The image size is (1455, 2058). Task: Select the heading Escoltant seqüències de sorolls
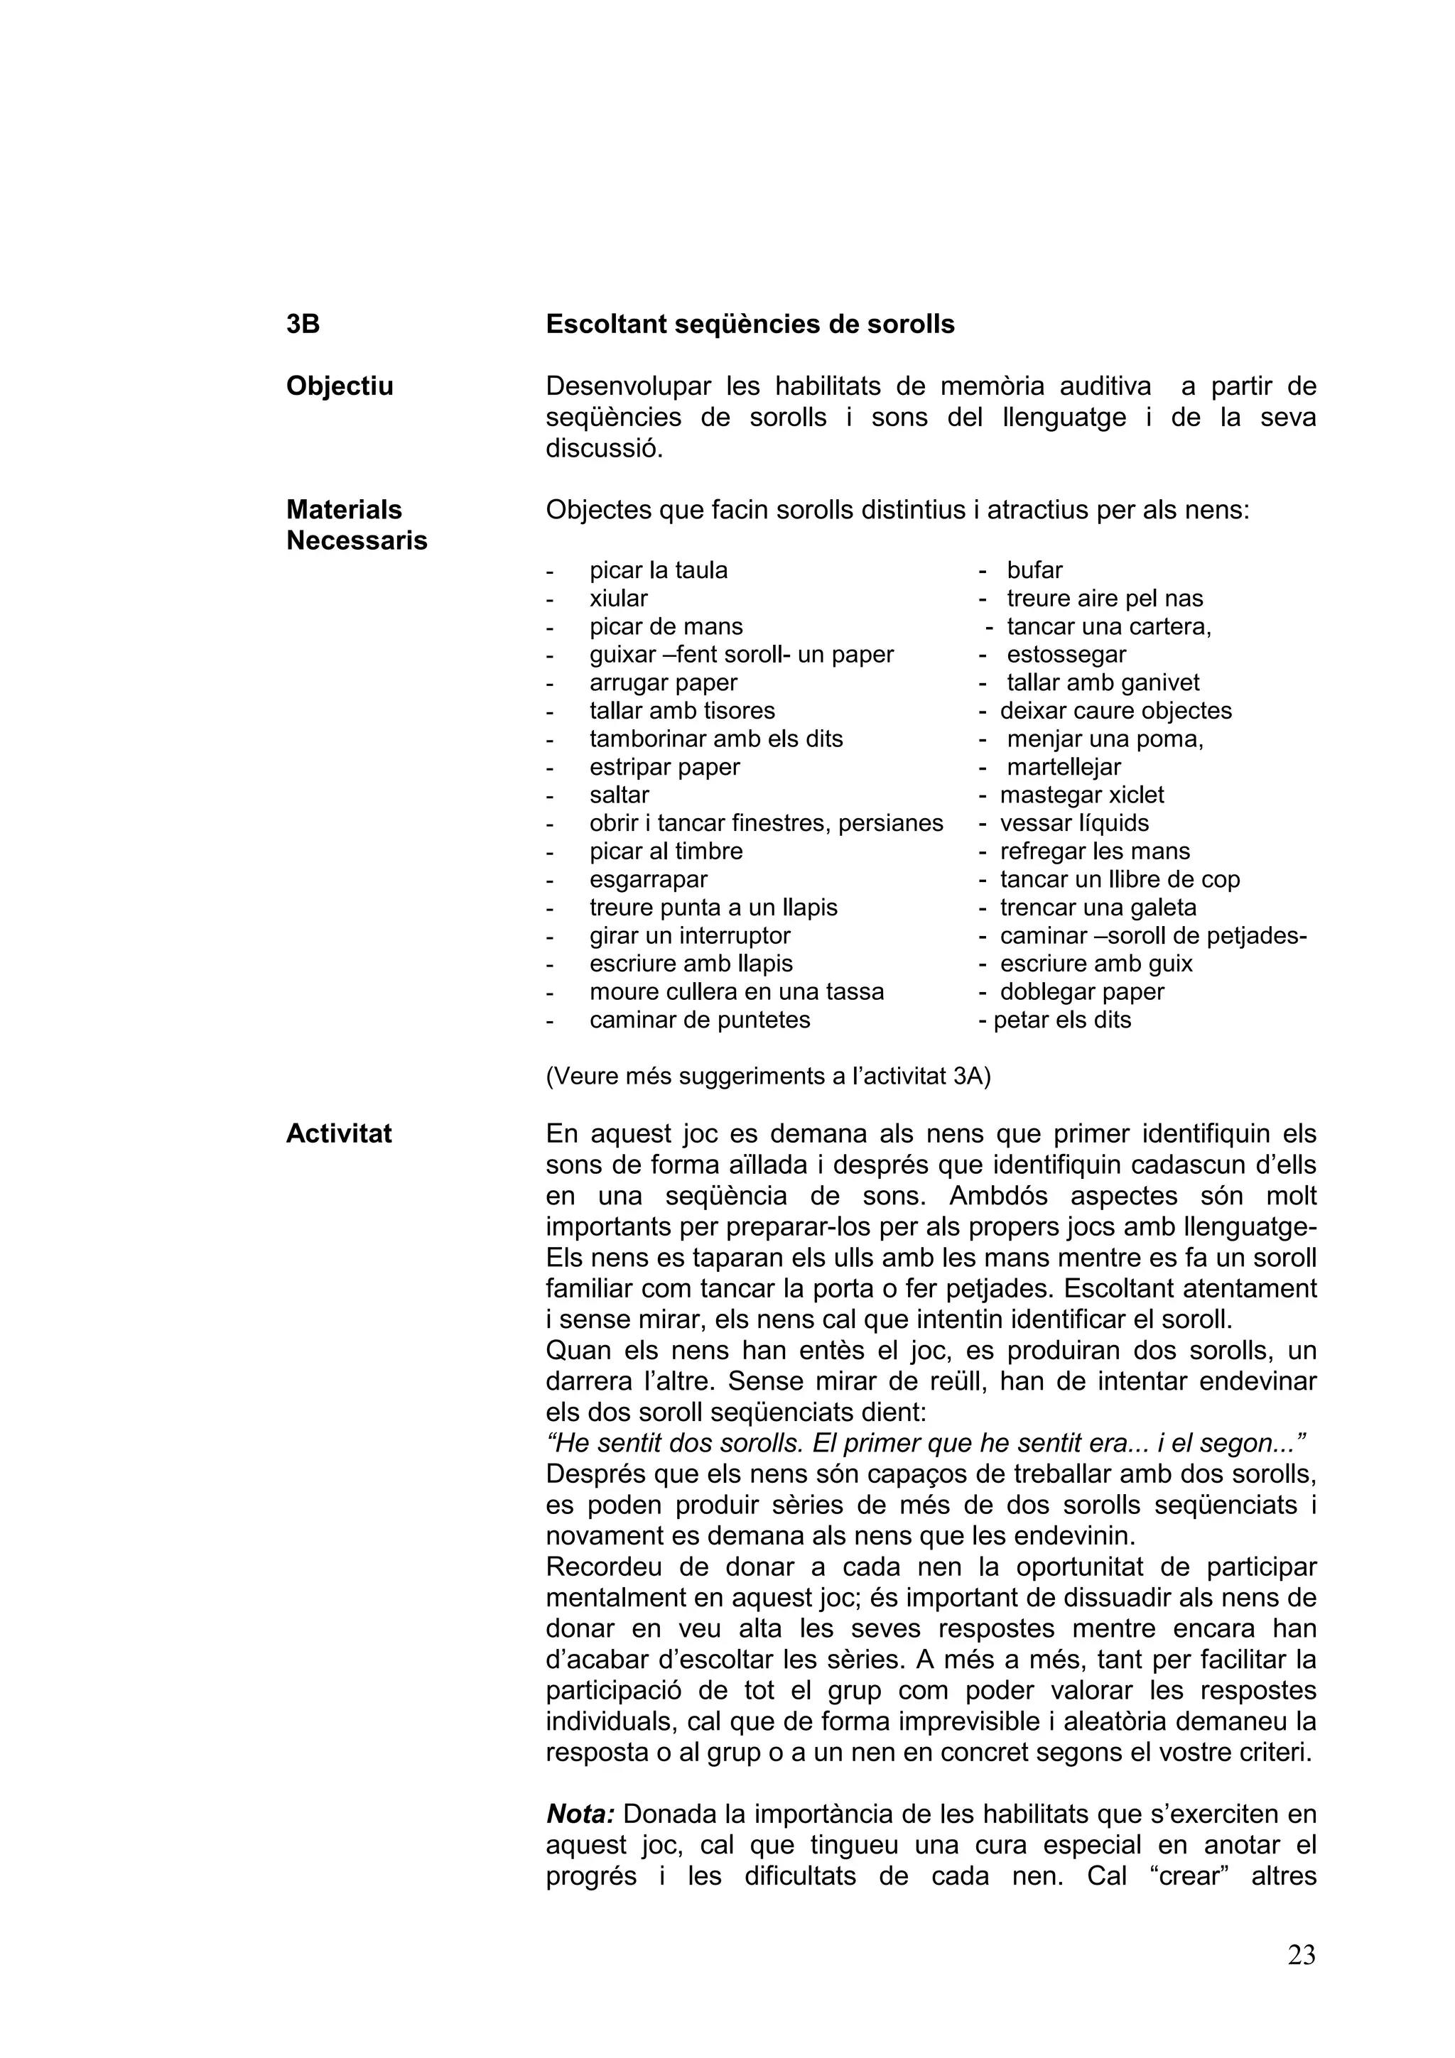pos(750,325)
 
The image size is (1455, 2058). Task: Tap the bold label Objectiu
pos(339,386)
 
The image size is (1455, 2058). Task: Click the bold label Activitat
pos(338,1134)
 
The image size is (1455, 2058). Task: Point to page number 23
pos(1301,1955)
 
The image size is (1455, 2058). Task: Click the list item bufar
pos(1034,571)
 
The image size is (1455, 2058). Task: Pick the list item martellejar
pos(1064,767)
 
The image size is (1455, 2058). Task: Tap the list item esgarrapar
pos(648,879)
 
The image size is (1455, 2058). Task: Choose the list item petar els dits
pos(1061,1020)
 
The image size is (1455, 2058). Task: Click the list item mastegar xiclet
pos(1081,795)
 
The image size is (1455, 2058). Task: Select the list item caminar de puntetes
pos(699,1020)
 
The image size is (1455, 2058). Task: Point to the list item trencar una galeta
pos(1098,908)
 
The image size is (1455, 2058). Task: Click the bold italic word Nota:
pos(580,1814)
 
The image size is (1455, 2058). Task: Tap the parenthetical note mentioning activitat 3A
pos(767,1077)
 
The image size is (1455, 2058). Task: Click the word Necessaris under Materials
pos(356,541)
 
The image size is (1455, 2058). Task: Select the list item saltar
pos(619,795)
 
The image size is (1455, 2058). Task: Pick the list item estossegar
pos(1066,655)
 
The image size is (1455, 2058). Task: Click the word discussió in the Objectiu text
pos(603,448)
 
